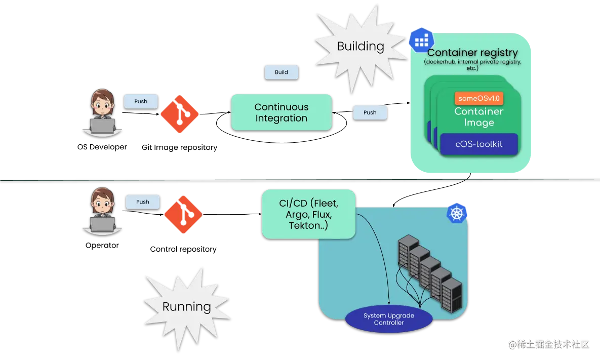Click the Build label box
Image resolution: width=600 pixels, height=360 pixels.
[281, 72]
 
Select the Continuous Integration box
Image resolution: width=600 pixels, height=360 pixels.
[281, 112]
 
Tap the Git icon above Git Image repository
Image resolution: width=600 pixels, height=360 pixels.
[179, 114]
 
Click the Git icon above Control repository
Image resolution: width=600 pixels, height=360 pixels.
[183, 215]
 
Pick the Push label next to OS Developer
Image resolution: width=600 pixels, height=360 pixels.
[141, 101]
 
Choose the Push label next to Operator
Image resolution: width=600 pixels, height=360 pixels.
[143, 202]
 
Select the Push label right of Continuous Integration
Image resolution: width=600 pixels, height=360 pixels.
[370, 112]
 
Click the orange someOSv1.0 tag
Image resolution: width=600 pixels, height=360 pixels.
[479, 98]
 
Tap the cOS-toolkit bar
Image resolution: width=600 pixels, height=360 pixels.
[479, 144]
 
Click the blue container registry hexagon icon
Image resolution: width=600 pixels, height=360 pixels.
[422, 40]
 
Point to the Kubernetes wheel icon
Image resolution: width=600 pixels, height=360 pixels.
[457, 213]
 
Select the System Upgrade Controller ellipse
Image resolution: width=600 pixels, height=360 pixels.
[389, 319]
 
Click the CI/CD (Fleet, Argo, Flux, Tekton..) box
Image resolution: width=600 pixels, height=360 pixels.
[309, 214]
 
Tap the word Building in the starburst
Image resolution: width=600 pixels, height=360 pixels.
[361, 46]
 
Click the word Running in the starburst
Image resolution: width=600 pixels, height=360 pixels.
[187, 307]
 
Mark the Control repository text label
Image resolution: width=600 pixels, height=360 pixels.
[183, 249]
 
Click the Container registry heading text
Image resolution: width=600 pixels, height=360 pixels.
[472, 53]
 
